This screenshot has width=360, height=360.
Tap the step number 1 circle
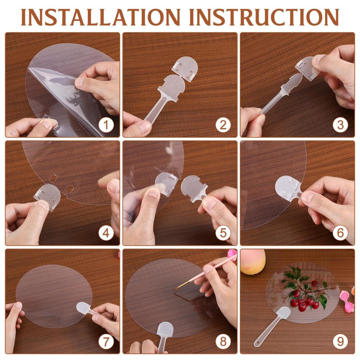point(106,125)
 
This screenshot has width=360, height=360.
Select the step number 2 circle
point(223,125)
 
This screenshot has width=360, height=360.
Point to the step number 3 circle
point(340,125)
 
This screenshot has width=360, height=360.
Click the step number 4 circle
point(106,233)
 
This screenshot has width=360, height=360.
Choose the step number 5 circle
point(223,233)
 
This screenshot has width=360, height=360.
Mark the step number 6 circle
point(340,233)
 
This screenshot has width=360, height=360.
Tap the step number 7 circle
point(106,341)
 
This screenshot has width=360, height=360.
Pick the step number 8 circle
point(223,341)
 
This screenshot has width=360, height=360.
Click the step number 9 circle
point(340,341)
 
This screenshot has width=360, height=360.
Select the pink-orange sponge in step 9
point(253,262)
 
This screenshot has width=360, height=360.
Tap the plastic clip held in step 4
point(47,197)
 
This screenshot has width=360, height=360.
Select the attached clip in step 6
point(288,188)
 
